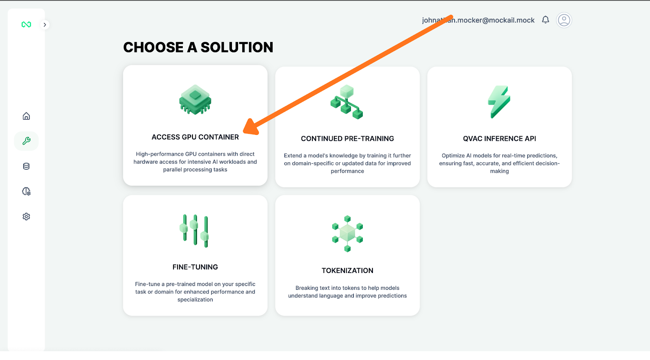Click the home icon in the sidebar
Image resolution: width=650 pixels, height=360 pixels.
pos(26,116)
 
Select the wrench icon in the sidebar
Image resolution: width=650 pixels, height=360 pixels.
pos(26,141)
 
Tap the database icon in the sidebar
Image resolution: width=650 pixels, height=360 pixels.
pos(26,166)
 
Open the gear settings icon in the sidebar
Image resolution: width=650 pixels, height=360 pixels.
pos(26,217)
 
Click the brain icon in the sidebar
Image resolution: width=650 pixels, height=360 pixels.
pos(26,191)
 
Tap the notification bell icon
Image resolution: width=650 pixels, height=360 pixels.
pos(546,20)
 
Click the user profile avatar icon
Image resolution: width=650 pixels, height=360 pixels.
pos(564,20)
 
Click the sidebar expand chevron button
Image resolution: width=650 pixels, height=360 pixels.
pos(45,25)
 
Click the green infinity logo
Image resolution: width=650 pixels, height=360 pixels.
pos(26,25)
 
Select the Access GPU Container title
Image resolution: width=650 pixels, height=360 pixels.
pos(195,137)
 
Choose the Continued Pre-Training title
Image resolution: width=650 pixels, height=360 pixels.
pos(347,139)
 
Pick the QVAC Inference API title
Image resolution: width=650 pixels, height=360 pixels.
pos(499,139)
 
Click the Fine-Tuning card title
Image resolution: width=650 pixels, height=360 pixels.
pos(195,267)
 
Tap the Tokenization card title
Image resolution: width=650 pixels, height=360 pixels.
pos(347,271)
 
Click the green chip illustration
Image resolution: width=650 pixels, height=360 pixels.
pos(195,100)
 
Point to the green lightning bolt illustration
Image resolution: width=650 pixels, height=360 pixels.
pos(499,102)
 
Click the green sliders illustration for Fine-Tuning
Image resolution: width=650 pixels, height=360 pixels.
pos(195,230)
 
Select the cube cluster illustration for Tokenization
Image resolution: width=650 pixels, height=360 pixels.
pos(347,234)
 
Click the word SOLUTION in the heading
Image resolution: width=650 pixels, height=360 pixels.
pos(237,48)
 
